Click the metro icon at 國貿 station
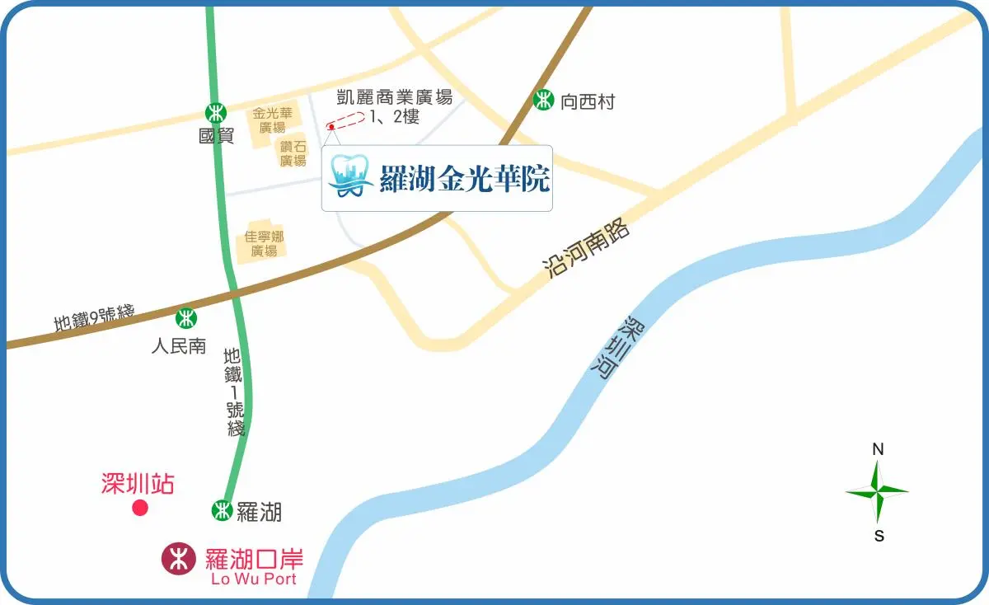tap(216, 112)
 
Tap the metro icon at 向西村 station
tap(543, 101)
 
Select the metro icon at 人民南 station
tap(187, 317)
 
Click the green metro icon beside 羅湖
tap(222, 510)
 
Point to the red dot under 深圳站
tap(140, 508)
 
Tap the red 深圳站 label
tap(138, 483)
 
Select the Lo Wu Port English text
tap(253, 579)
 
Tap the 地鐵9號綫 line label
tap(93, 317)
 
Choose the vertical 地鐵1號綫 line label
tap(233, 392)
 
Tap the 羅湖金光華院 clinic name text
tap(464, 178)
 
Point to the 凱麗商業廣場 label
tap(395, 97)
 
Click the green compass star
tap(878, 492)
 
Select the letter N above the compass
tap(879, 449)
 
